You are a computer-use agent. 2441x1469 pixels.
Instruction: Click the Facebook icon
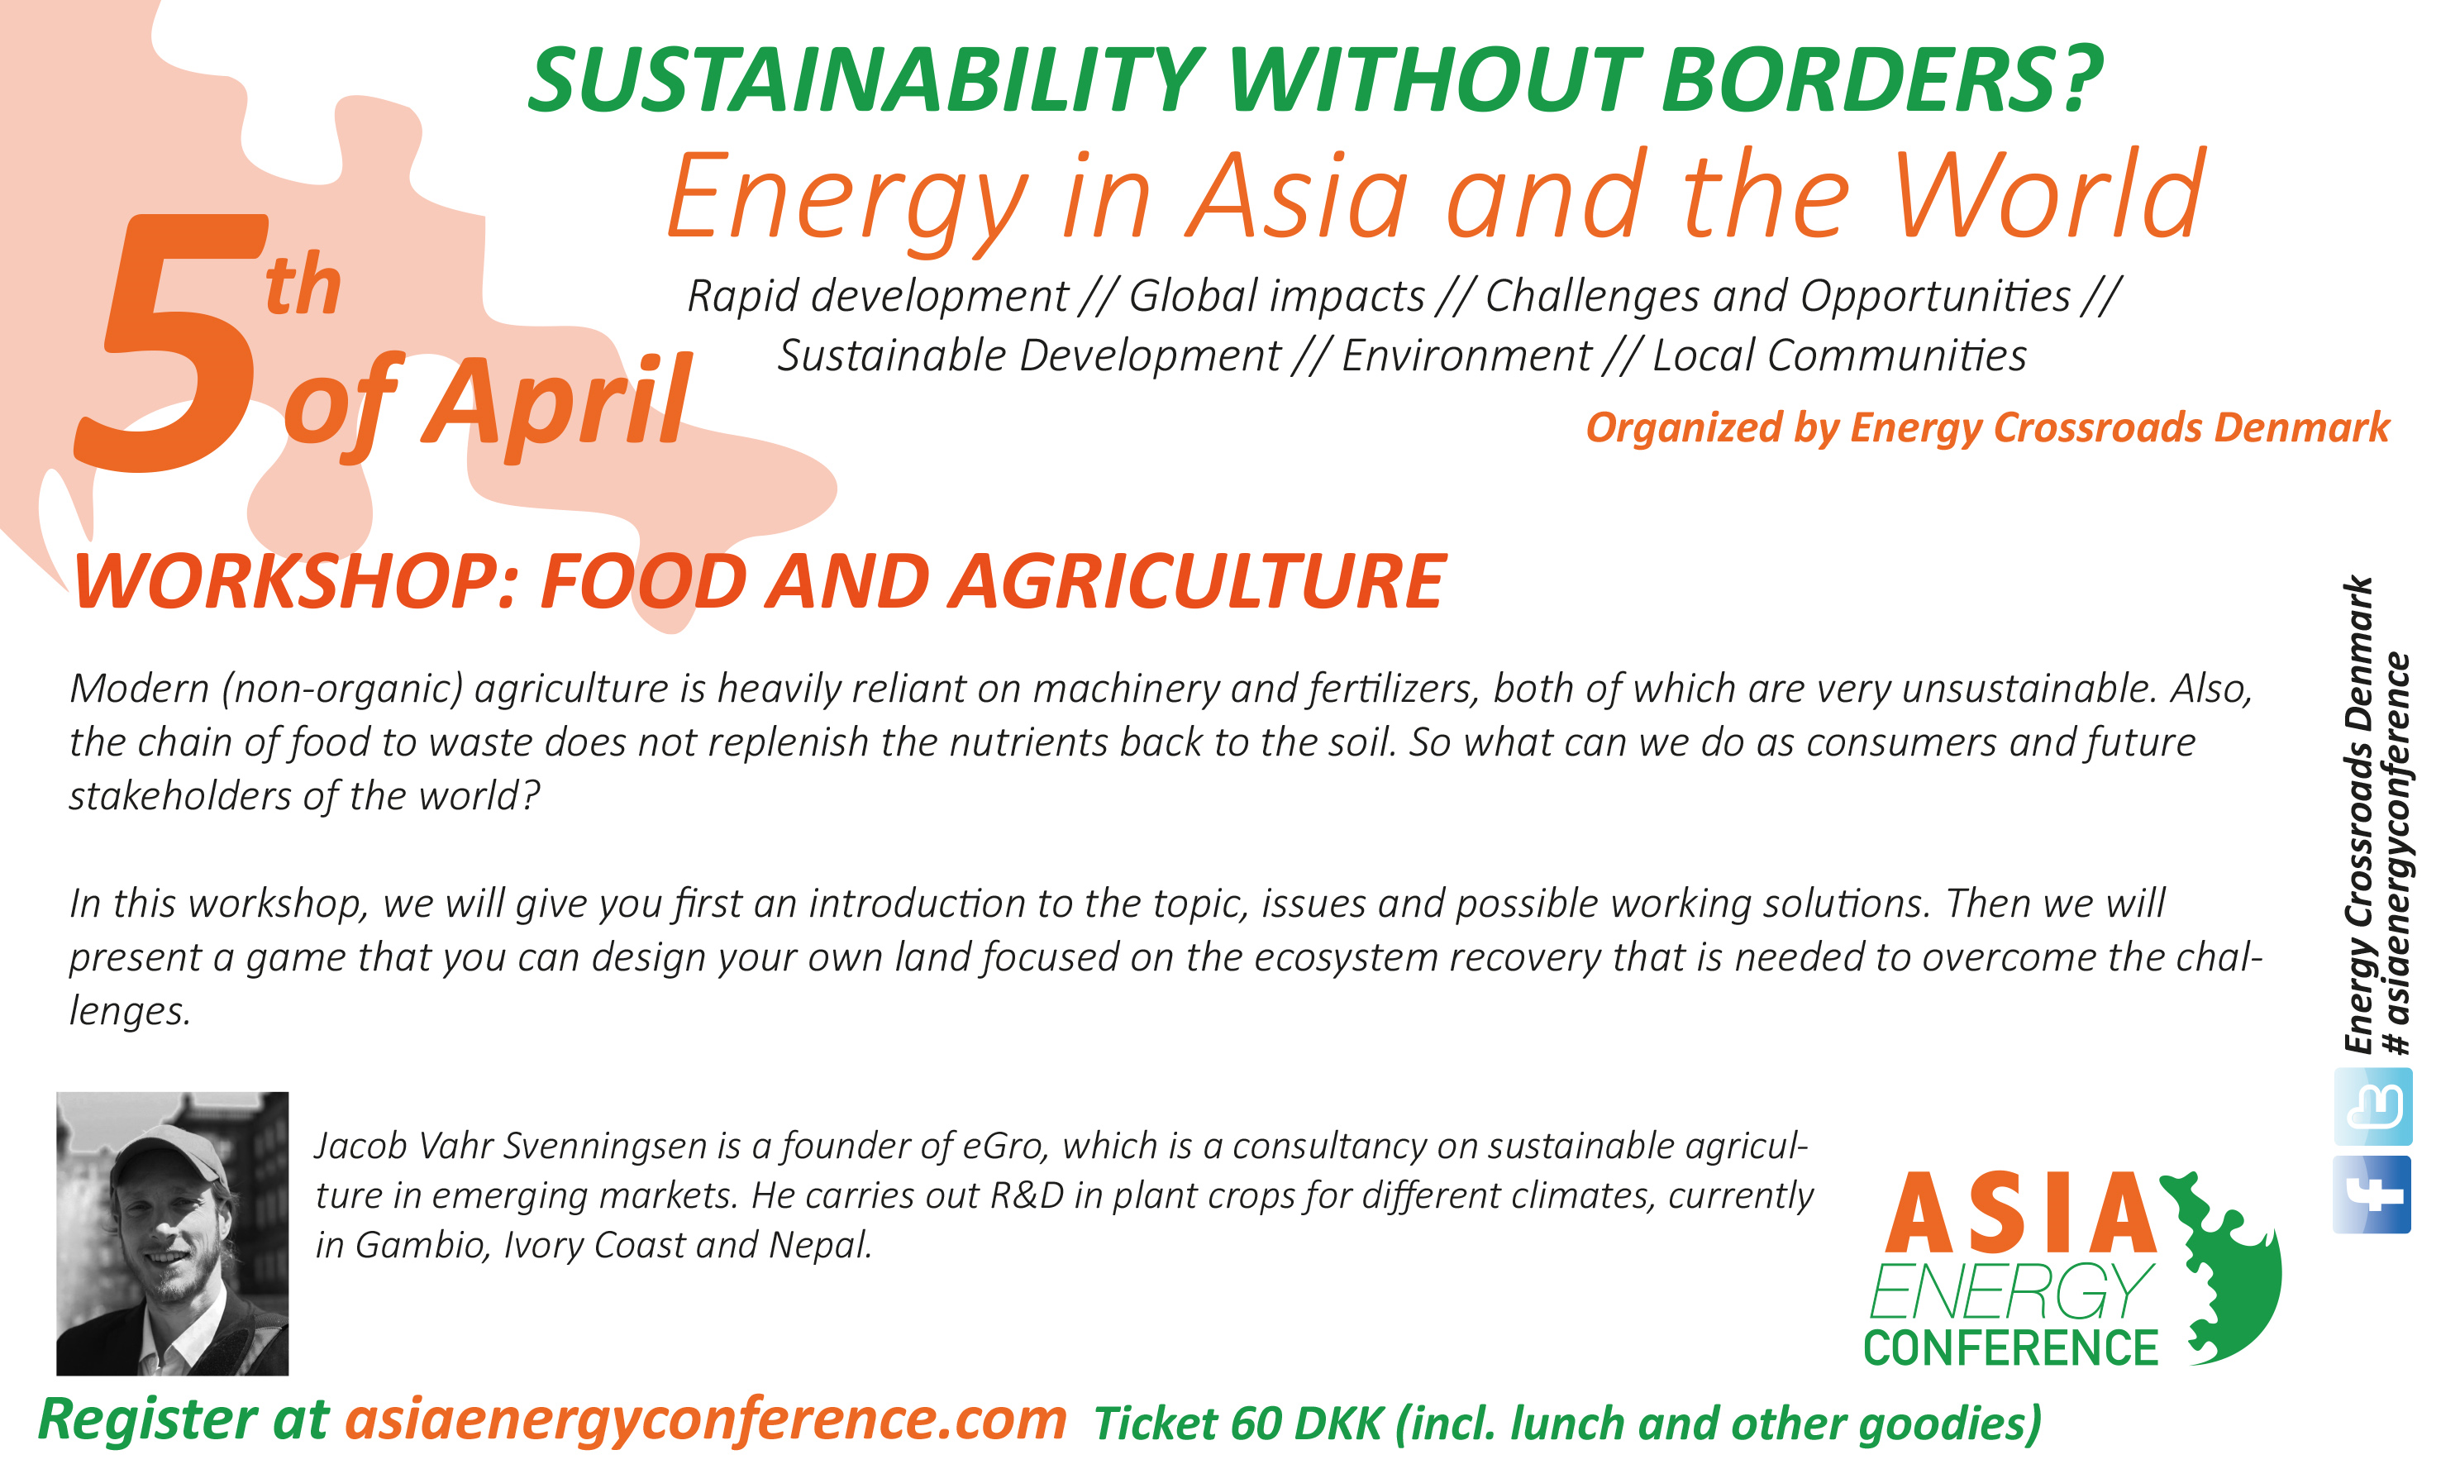(x=2372, y=1194)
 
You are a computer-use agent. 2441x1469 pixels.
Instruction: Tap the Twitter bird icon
(x=2372, y=1106)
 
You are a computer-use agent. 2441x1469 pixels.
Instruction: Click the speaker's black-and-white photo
(x=172, y=1233)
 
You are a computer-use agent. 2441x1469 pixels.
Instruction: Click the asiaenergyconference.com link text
(x=706, y=1419)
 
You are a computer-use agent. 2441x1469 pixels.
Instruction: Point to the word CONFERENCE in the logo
(x=2010, y=1348)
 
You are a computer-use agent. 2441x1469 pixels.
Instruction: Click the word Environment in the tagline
(x=1466, y=355)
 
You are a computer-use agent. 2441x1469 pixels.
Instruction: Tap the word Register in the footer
(x=146, y=1420)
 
